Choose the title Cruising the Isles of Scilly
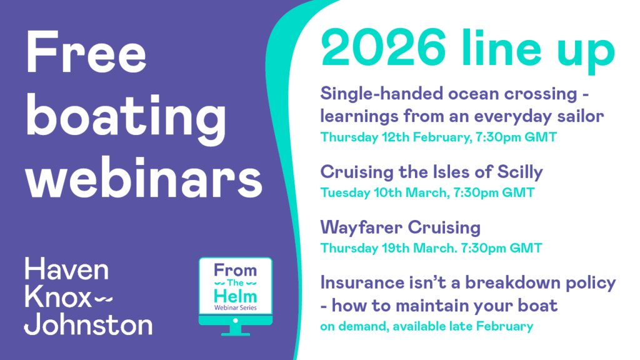coord(432,171)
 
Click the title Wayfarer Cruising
coord(401,226)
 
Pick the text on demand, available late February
coord(426,326)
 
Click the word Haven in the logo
coord(66,271)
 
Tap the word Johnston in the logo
coord(88,324)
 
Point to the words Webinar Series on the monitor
coord(235,307)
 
